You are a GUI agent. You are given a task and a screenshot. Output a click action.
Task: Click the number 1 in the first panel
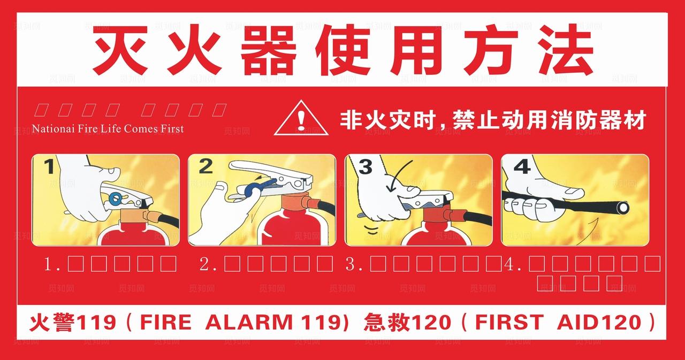pos(49,167)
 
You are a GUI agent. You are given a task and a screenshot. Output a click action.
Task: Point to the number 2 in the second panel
pos(205,167)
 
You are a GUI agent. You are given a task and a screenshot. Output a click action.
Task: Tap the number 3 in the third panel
pos(365,167)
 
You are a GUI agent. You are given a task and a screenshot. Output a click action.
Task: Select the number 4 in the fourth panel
pos(521,167)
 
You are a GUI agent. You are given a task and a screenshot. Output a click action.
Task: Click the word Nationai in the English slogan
pos(52,129)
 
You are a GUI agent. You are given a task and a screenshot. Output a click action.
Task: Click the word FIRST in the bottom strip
pos(508,323)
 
